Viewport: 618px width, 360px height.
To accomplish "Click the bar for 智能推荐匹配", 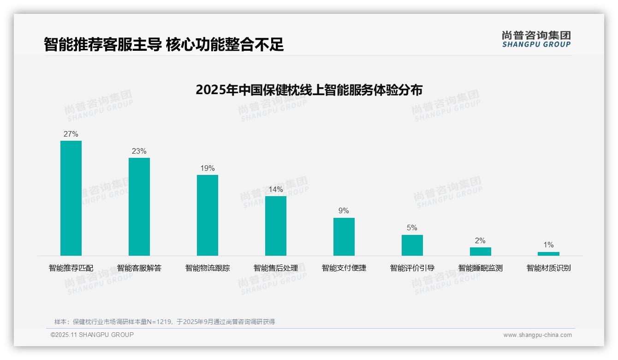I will (x=71, y=198).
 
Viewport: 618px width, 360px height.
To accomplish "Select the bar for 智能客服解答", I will (x=139, y=207).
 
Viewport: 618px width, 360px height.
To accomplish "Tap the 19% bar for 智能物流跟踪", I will (x=208, y=215).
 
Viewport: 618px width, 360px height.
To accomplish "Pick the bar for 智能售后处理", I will (x=276, y=226).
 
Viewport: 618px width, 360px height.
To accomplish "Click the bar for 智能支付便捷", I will (x=344, y=237).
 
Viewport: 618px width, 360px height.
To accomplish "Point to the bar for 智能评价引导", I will (x=412, y=245).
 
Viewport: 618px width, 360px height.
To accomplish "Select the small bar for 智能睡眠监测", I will (x=481, y=252).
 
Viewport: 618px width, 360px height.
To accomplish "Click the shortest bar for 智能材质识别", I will (x=548, y=254).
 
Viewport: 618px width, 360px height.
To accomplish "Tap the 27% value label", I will (x=71, y=134).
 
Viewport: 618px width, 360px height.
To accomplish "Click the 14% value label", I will (x=276, y=190).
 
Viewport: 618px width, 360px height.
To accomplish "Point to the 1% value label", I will (x=548, y=245).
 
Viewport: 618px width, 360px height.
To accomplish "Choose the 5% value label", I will (x=412, y=228).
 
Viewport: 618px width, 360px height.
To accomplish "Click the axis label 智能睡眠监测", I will (x=481, y=268).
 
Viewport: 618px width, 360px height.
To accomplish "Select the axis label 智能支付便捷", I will (x=344, y=268).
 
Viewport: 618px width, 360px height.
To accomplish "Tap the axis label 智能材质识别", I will (x=549, y=268).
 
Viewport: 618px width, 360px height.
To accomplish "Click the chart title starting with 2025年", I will (x=309, y=90).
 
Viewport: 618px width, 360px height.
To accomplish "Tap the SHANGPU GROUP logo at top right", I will (x=536, y=39).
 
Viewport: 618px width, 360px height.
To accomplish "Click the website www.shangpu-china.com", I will (x=537, y=335).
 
